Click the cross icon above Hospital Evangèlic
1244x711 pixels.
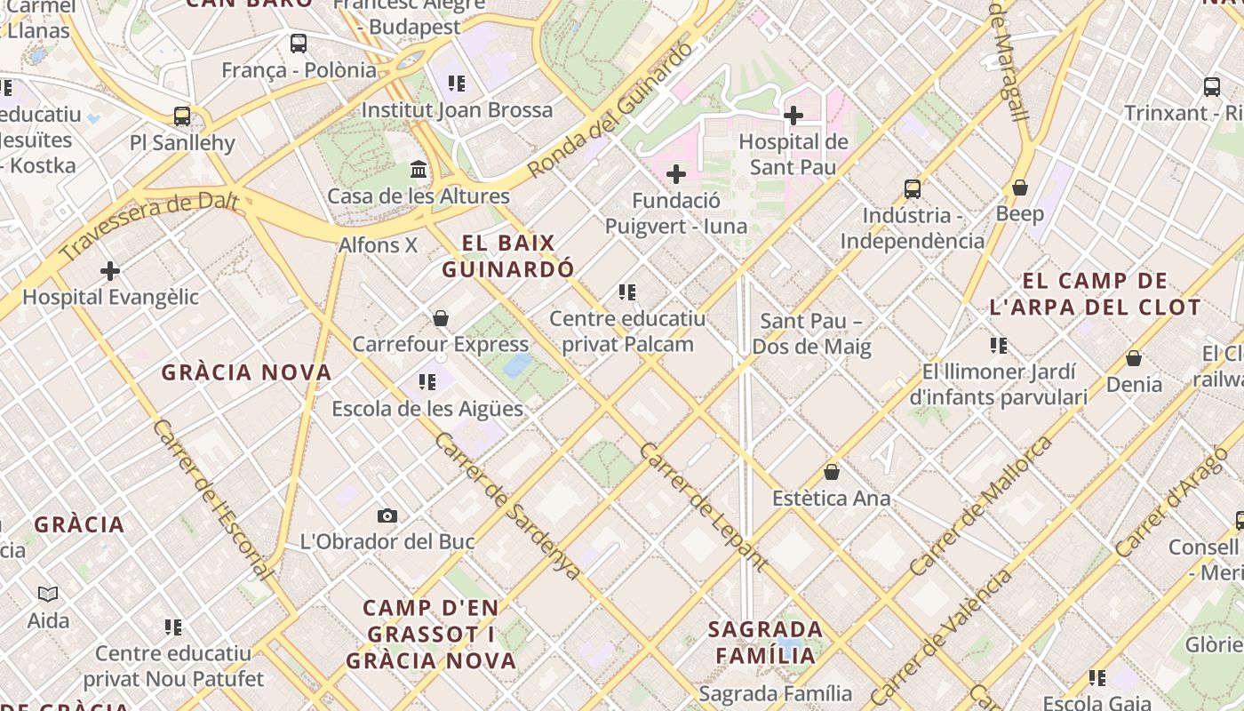(x=110, y=270)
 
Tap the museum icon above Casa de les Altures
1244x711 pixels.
(x=419, y=169)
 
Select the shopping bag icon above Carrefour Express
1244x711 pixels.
(x=440, y=317)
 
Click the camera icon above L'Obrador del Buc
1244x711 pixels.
(x=387, y=515)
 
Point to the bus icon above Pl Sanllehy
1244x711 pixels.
(x=182, y=116)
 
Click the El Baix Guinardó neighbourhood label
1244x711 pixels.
(x=507, y=256)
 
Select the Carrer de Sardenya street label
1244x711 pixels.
(x=508, y=505)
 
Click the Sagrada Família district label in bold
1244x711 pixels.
(x=765, y=643)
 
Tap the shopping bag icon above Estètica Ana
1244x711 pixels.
(x=831, y=472)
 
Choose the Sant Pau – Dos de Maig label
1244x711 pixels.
(x=811, y=333)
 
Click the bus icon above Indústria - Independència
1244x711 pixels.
(x=913, y=188)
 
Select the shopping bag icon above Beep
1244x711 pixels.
(x=1020, y=188)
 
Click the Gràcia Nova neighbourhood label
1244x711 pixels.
(x=246, y=372)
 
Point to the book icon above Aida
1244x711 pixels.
(x=48, y=594)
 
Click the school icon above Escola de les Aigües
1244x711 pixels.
(x=427, y=382)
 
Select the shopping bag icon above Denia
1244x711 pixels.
(x=1134, y=358)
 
